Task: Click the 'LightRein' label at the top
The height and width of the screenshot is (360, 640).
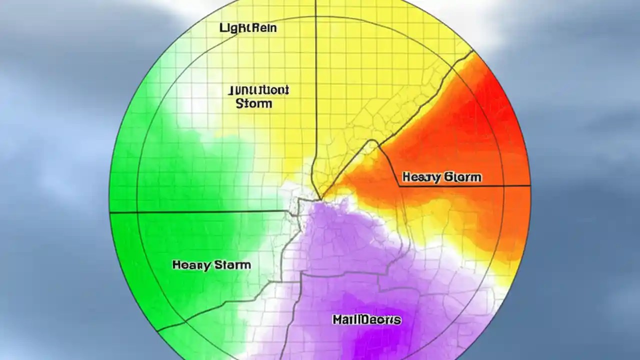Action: click(x=248, y=28)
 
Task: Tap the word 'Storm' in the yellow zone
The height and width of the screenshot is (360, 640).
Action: click(x=253, y=104)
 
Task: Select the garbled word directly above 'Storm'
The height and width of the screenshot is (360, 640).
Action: click(x=258, y=90)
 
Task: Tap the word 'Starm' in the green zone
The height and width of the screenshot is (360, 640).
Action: click(x=232, y=265)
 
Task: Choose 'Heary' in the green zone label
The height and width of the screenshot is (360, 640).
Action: click(x=191, y=265)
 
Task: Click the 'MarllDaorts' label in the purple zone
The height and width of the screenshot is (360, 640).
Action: click(x=366, y=319)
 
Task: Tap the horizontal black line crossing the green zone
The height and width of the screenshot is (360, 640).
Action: click(x=200, y=212)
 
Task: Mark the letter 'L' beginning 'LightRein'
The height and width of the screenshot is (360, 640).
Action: click(x=222, y=28)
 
